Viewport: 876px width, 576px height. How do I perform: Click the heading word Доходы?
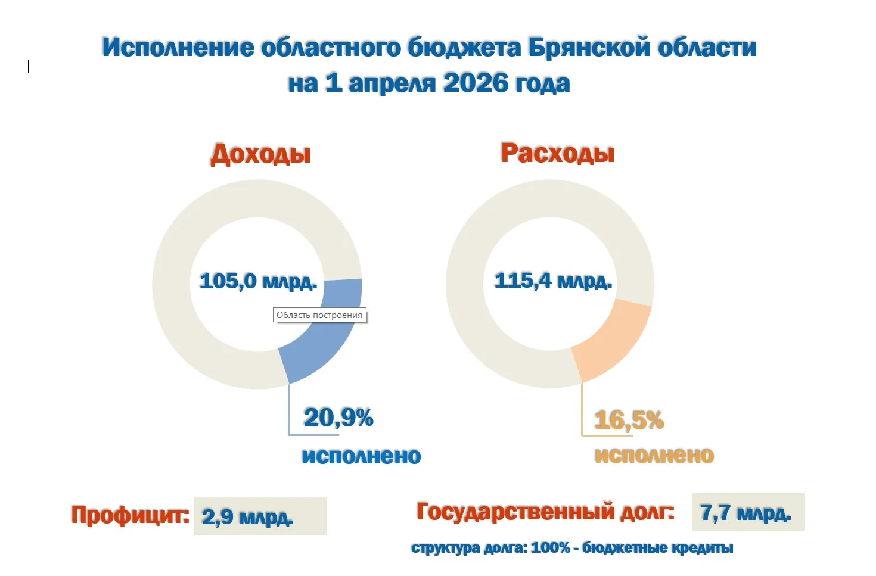260,154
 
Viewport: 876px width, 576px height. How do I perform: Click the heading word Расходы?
557,153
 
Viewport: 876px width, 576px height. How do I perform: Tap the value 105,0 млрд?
257,281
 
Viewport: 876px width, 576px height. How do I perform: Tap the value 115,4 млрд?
552,280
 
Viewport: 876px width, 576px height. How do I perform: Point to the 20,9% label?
338,417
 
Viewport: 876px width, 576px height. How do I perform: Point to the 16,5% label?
629,420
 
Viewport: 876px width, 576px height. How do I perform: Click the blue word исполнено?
361,456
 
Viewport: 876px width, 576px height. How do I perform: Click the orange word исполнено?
654,455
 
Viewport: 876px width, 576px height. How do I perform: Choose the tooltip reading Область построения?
319,315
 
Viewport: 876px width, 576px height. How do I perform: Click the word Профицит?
129,515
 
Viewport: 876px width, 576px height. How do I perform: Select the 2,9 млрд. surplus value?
247,516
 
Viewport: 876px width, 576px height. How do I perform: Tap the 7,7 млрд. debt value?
745,513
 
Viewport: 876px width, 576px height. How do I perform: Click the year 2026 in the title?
474,83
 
